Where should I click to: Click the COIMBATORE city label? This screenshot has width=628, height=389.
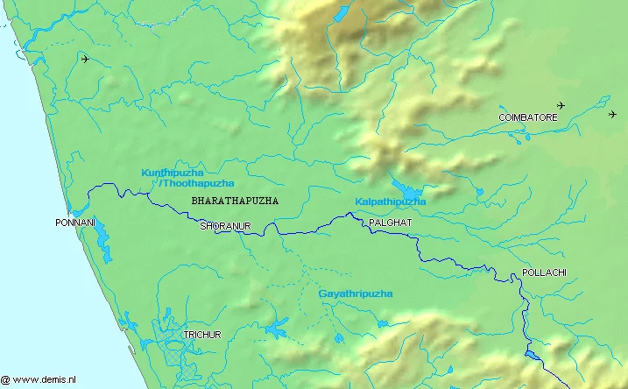pos(527,117)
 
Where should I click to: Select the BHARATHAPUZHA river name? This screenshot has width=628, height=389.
pos(234,201)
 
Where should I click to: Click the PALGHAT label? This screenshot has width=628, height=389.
pos(390,223)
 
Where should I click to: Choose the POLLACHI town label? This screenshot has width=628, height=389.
pos(544,272)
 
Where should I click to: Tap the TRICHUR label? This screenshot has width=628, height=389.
pos(202,336)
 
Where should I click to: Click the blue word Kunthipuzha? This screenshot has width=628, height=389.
pos(173,173)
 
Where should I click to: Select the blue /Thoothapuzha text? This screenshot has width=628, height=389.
pos(196,183)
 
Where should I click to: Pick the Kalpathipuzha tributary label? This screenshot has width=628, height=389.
pos(390,202)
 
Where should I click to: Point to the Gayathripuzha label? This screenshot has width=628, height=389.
pos(355,294)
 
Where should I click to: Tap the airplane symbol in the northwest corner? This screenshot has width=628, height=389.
pos(85,60)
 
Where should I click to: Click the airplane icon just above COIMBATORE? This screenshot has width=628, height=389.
pos(561,106)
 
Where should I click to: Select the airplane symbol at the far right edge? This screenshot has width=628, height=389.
pos(612,114)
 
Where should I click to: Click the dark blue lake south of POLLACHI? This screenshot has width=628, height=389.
pos(533,355)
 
